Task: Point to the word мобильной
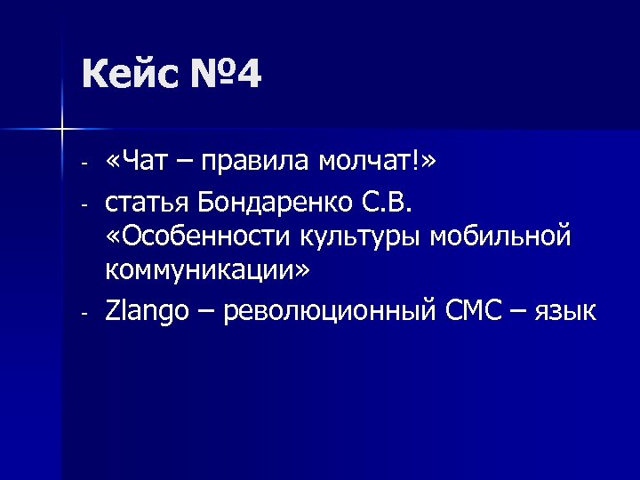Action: coord(505,238)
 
